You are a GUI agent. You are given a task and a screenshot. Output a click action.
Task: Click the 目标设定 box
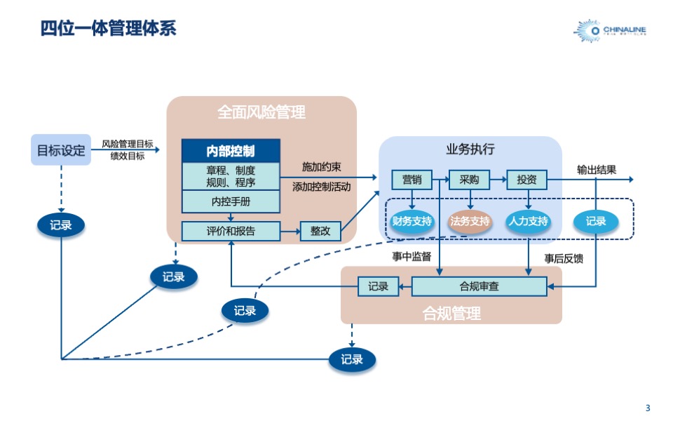(x=61, y=149)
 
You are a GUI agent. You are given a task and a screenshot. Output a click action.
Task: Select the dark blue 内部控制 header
(x=231, y=151)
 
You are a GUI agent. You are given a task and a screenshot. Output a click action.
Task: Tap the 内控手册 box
(x=231, y=202)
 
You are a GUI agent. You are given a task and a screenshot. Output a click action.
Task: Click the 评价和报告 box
(x=231, y=231)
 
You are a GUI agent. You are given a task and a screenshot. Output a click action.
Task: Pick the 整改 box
(x=320, y=231)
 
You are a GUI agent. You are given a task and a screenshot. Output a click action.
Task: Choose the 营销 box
(x=412, y=180)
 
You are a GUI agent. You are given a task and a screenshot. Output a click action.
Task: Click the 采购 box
(x=469, y=180)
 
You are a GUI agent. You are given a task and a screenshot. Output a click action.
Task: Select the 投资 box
(x=526, y=180)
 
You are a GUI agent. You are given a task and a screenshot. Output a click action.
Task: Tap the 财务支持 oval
(x=412, y=222)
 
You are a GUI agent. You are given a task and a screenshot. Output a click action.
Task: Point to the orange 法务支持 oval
(x=470, y=222)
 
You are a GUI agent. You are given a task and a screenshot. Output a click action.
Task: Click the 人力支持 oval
(x=527, y=222)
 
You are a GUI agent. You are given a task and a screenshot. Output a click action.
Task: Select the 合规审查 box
(x=479, y=286)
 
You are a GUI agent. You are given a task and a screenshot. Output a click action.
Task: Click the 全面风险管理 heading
(x=261, y=112)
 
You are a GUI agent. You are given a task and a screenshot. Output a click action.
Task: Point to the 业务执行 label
(x=470, y=149)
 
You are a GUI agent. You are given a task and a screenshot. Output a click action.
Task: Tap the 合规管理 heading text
(x=451, y=313)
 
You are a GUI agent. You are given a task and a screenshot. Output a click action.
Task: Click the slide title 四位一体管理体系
(x=109, y=29)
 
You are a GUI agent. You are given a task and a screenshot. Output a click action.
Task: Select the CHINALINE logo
(x=610, y=30)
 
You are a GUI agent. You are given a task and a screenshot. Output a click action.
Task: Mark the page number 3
(x=647, y=408)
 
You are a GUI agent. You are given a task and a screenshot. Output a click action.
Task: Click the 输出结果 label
(x=597, y=169)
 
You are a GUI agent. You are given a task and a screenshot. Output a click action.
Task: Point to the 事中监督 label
(x=412, y=257)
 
